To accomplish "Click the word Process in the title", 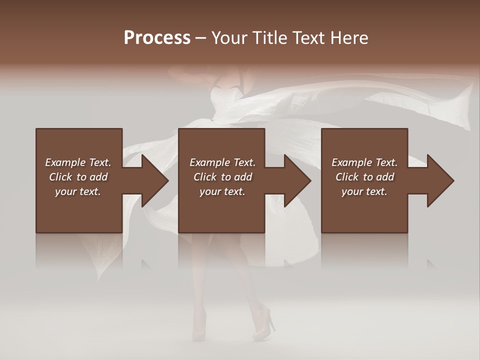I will click(157, 38).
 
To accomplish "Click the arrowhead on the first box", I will click(153, 180).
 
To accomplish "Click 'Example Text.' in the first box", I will click(78, 162).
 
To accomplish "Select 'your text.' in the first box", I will click(78, 191).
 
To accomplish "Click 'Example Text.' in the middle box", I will click(222, 162).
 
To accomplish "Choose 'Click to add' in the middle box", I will click(222, 177).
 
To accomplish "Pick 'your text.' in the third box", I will click(364, 191).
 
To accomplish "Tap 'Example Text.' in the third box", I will click(364, 162).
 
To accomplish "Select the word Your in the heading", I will click(229, 38).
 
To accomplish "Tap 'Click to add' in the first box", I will click(78, 177).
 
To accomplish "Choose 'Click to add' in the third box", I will click(364, 177).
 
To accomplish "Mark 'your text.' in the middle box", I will click(222, 191).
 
